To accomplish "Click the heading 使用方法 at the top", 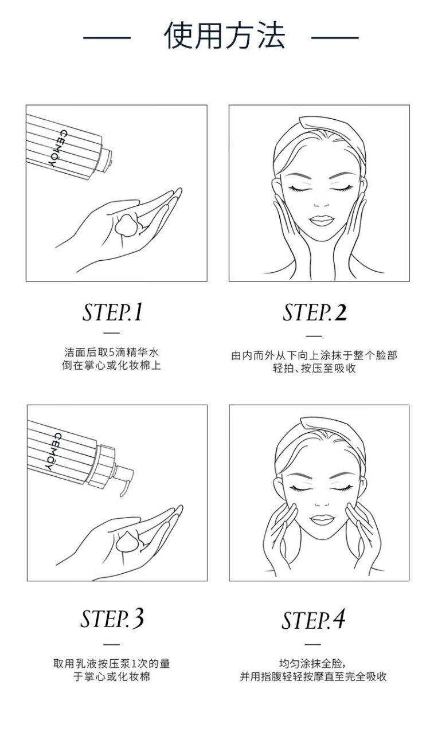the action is click(x=225, y=36).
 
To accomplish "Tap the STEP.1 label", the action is click(x=112, y=312).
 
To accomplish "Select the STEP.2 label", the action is click(x=315, y=312).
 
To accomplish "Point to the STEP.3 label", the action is click(x=112, y=618).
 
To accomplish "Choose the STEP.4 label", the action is click(x=313, y=620).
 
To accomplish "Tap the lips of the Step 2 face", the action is click(x=322, y=220).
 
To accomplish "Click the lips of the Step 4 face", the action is click(x=322, y=520).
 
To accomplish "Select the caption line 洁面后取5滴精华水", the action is click(x=112, y=352).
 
